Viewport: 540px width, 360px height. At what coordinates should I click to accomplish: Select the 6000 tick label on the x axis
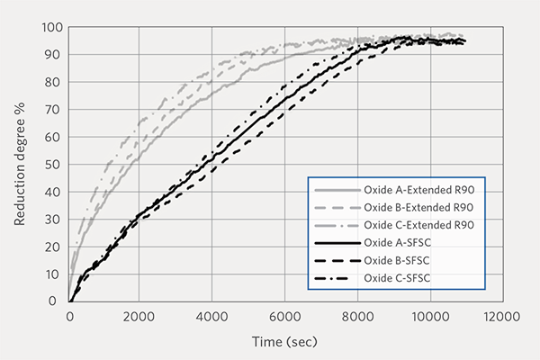[x=284, y=317]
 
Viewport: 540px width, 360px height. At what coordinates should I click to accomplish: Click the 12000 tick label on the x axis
[x=499, y=317]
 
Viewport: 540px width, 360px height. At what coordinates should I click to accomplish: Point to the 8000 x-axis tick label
[x=356, y=317]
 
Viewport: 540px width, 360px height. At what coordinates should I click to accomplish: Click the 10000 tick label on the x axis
[x=427, y=317]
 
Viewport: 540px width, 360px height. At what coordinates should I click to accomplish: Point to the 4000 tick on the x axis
[x=212, y=317]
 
